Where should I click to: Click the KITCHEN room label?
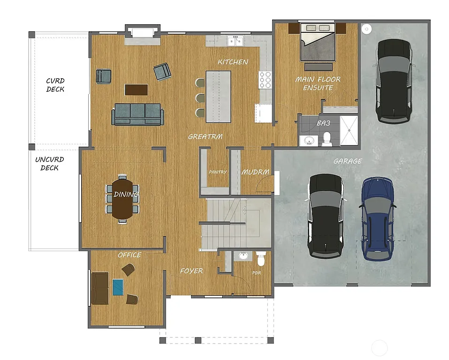click(233, 62)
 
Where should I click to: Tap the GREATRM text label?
click(205, 137)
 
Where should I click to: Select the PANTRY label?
click(218, 172)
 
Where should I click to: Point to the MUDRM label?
click(256, 172)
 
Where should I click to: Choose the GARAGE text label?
click(348, 161)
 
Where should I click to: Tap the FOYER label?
click(191, 271)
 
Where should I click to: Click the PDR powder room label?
click(257, 273)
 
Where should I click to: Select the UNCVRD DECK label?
click(49, 164)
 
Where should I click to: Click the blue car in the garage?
click(378, 218)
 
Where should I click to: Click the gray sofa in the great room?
click(137, 114)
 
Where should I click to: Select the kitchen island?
click(219, 96)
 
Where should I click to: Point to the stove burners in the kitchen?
click(265, 79)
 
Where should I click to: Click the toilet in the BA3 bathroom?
click(327, 138)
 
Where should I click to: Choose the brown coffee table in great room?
click(136, 89)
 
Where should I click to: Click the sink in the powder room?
click(243, 256)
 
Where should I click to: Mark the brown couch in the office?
click(100, 288)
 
